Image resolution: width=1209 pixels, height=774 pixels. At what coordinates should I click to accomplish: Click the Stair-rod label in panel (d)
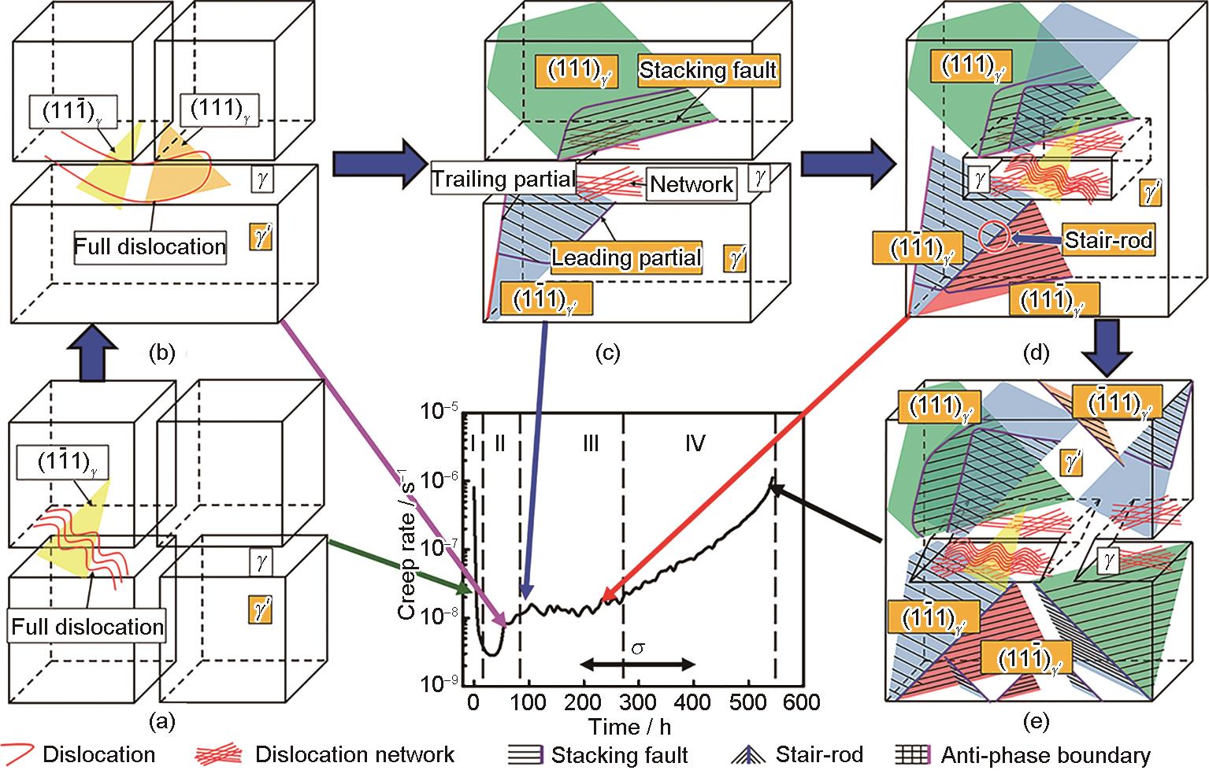click(x=1108, y=239)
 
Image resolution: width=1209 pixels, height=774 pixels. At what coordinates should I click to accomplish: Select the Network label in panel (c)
click(x=692, y=185)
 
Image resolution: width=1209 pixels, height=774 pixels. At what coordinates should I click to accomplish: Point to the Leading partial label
click(x=626, y=257)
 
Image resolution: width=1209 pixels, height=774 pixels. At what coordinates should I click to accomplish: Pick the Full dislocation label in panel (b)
click(x=150, y=246)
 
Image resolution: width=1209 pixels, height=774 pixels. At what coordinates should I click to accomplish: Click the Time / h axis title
click(x=628, y=725)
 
